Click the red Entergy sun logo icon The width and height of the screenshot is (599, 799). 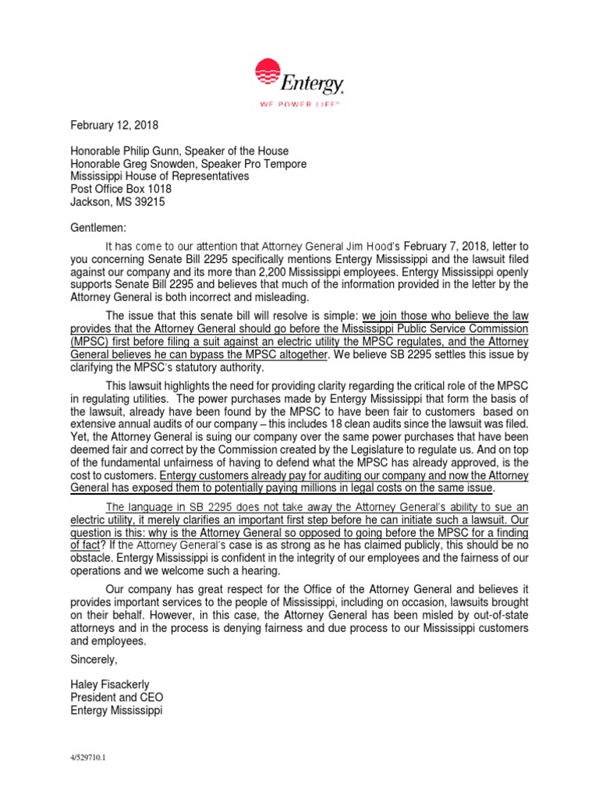pos(270,73)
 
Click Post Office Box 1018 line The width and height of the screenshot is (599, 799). pos(121,188)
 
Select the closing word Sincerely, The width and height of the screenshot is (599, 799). pos(94,659)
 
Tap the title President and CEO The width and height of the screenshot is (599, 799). pos(117,698)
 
